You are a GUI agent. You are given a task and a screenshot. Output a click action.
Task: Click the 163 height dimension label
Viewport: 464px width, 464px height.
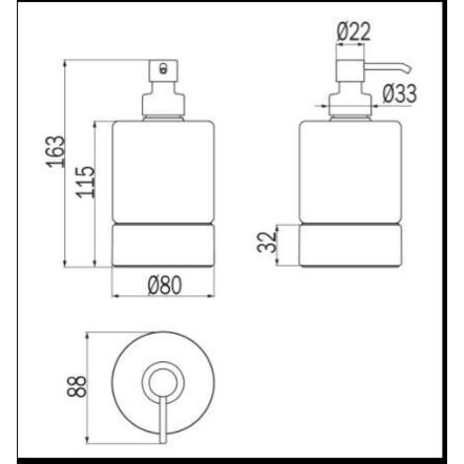[55, 151]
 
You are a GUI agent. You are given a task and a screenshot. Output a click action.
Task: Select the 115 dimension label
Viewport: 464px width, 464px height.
[86, 183]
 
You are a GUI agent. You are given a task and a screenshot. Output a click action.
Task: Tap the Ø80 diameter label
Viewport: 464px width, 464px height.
[165, 285]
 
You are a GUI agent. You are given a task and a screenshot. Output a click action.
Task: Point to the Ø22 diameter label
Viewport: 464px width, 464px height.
[353, 32]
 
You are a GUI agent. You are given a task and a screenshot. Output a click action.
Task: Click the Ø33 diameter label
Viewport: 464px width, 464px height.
[400, 93]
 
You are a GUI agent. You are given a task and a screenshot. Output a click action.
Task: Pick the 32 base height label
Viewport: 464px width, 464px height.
[267, 242]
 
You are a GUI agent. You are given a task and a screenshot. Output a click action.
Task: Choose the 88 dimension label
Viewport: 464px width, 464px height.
[77, 386]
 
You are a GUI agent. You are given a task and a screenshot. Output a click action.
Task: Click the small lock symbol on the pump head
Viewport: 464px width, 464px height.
[163, 68]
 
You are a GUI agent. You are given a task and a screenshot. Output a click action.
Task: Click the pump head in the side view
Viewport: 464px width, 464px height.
[350, 70]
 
